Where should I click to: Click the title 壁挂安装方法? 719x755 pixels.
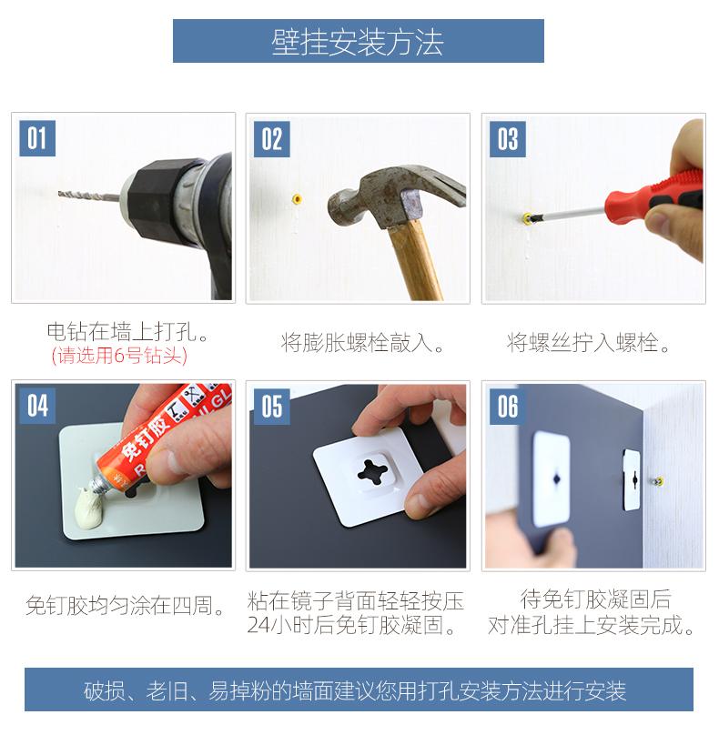click(x=358, y=42)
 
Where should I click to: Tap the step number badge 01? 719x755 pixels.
click(x=37, y=138)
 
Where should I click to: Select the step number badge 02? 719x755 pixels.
click(x=272, y=139)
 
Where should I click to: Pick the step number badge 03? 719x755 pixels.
click(x=508, y=139)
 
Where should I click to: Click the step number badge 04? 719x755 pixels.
click(x=37, y=406)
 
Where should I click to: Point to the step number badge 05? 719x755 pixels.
click(x=272, y=407)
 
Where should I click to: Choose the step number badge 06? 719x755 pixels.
click(x=508, y=407)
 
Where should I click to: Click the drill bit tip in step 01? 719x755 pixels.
click(x=59, y=194)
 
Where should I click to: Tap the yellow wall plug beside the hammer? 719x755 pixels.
click(x=298, y=199)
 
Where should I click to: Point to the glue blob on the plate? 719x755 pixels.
click(x=90, y=507)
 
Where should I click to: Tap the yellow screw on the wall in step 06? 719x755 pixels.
click(x=659, y=481)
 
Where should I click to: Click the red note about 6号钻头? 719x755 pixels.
click(x=119, y=356)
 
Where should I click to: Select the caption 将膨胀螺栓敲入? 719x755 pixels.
click(x=362, y=343)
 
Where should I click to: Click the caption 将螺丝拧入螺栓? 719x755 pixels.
click(x=588, y=343)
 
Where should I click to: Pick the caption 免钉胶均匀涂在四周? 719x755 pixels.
click(x=125, y=605)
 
